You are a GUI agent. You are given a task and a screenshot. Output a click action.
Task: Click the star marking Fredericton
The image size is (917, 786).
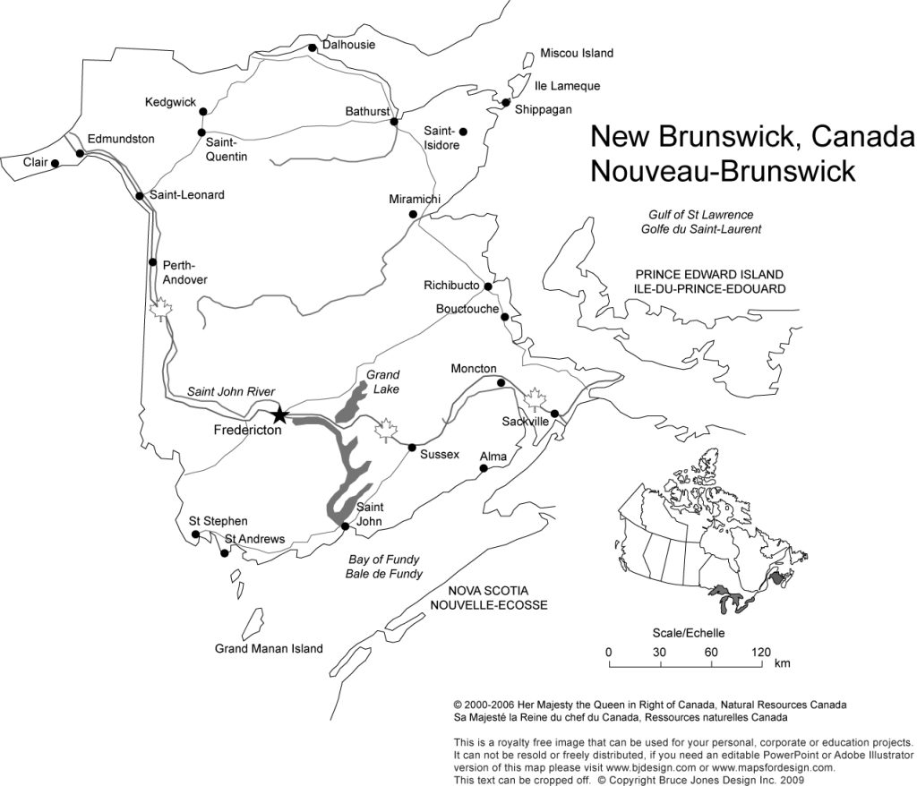[279, 414]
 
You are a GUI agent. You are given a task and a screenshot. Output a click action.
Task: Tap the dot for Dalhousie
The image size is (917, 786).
[312, 48]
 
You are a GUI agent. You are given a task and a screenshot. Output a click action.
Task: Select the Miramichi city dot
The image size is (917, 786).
[413, 215]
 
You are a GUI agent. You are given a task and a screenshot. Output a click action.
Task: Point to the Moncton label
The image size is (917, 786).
[474, 369]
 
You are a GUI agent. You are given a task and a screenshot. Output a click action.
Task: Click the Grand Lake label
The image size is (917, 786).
[382, 381]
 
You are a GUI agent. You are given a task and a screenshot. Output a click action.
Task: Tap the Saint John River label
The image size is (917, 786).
[230, 392]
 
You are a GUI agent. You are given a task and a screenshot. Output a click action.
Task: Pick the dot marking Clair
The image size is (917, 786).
[56, 163]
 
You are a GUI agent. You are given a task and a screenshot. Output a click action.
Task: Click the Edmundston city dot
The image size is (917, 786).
[81, 154]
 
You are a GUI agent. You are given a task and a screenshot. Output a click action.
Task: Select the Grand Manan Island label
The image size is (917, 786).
[268, 649]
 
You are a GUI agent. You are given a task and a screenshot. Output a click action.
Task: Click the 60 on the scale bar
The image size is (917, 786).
[711, 652]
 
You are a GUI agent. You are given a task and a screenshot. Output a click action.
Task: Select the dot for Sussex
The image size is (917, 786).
[412, 448]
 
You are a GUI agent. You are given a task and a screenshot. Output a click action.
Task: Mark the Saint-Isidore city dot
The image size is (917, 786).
[463, 132]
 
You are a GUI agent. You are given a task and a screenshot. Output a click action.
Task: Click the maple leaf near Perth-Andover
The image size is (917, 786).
[162, 311]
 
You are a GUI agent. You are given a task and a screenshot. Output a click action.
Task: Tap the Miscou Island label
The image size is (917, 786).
[577, 54]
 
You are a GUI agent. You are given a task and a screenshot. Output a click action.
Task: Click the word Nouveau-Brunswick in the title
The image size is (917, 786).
[723, 170]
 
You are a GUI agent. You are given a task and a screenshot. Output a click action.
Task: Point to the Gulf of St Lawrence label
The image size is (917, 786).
[701, 215]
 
